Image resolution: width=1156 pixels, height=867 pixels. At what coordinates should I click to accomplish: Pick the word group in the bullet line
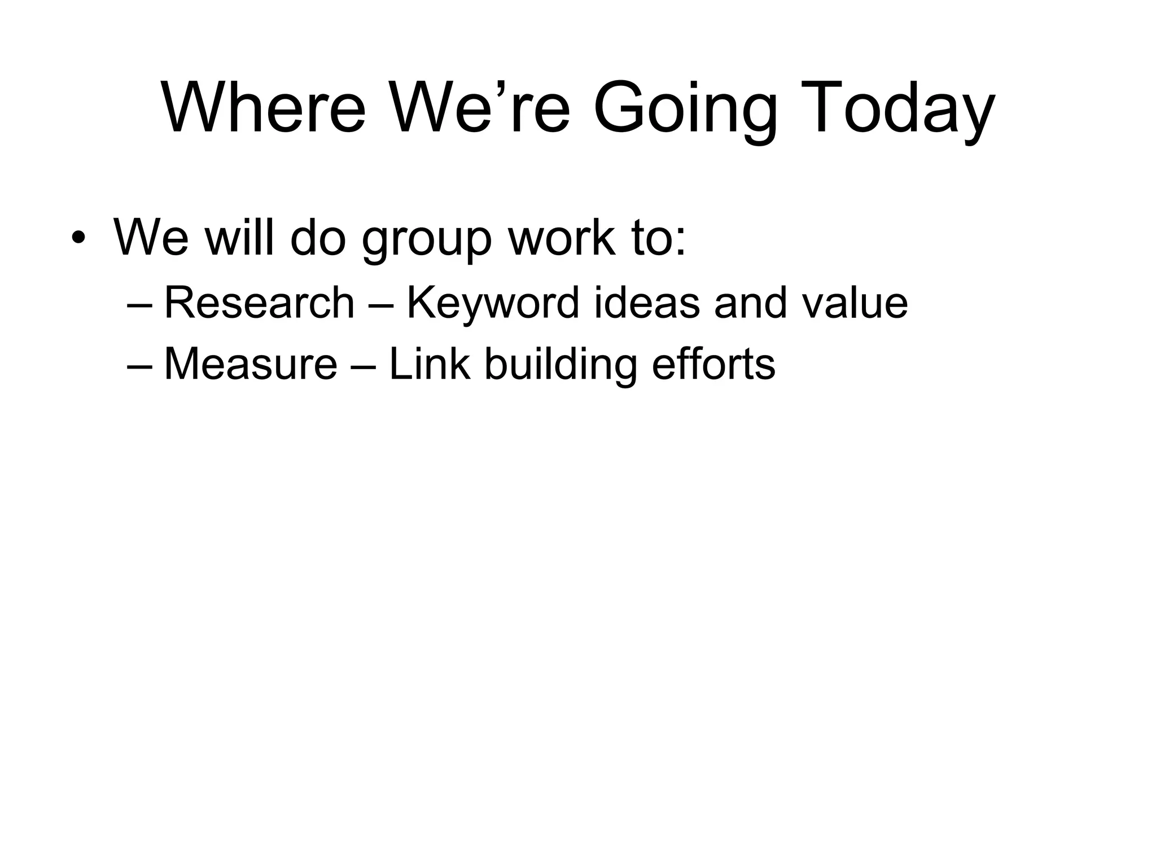coord(427,240)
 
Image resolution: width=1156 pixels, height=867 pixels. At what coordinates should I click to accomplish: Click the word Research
coord(259,303)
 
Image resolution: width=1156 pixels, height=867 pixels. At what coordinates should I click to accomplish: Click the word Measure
coord(251,364)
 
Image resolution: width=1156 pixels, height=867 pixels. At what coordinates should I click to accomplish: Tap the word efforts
coord(713,364)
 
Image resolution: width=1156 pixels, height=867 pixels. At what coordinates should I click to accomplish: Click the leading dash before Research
coord(141,305)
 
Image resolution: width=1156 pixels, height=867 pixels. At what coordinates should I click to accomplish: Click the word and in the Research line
coord(750,303)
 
